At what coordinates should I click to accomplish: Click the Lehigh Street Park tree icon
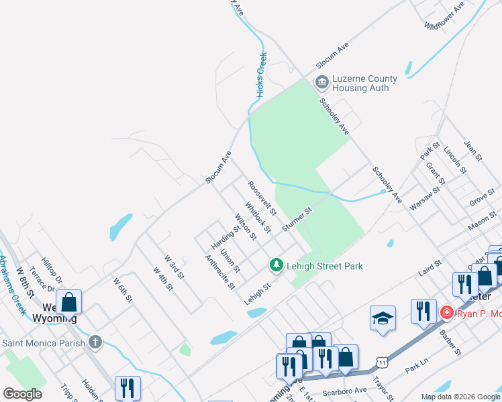pos(276,266)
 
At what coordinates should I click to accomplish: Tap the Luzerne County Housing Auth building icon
pos(321,83)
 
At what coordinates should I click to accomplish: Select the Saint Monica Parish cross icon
pos(95,342)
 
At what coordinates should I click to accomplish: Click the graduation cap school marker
pos(383,318)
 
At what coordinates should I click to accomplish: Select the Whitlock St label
pos(257,218)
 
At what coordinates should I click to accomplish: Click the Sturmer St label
pos(297,220)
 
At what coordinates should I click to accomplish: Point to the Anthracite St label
pos(220,272)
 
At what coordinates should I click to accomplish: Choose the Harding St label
pos(226,236)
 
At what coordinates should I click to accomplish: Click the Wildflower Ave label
pos(444,16)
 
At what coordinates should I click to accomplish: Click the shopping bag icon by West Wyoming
pos(69,301)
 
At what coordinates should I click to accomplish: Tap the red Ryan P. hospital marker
pos(446,313)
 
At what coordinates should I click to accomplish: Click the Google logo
pos(22,394)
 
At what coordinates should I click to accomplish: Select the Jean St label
pos(474,150)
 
